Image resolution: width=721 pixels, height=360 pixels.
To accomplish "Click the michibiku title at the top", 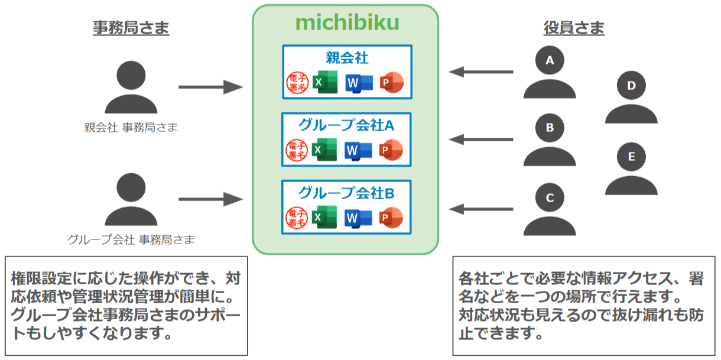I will point(347,23).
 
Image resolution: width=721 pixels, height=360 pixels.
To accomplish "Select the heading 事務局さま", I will point(131,28).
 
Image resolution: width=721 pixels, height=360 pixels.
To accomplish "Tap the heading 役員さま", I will point(574,28).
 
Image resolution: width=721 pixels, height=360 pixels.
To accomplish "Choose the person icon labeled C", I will point(550,209).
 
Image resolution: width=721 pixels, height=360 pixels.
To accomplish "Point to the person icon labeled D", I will point(631,98).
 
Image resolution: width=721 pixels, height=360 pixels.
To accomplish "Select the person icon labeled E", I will point(631,168).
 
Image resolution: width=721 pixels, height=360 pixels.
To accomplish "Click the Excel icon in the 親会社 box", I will point(324,82).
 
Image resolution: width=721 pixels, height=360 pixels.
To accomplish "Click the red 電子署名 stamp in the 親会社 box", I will point(296,83).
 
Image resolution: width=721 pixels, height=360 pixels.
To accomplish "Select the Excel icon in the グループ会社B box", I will point(324,219).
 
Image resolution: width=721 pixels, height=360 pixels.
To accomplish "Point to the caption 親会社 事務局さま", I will point(131,127).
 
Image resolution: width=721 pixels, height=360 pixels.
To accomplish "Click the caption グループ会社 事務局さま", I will point(131,239).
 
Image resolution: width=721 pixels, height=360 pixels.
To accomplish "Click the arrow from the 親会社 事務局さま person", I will point(210,88).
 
